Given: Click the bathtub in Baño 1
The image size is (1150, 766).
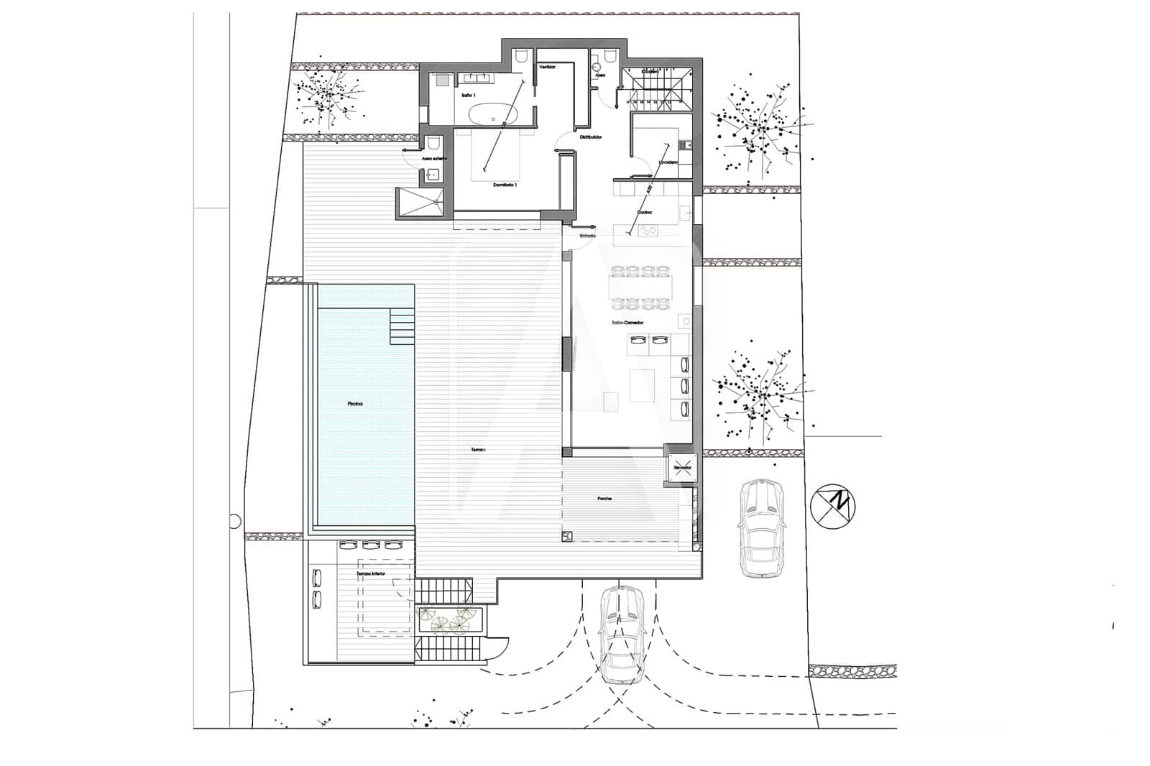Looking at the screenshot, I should click(x=494, y=114).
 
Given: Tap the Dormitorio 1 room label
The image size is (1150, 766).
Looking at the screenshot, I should click(x=505, y=185).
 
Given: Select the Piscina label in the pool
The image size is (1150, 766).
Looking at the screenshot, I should click(x=355, y=404).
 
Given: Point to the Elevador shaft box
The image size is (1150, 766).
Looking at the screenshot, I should click(x=682, y=468).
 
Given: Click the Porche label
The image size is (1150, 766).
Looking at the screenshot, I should click(x=604, y=499).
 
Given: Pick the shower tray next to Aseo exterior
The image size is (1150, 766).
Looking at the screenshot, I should click(x=421, y=202).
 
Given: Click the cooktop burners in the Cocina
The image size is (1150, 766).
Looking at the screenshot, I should click(x=649, y=230).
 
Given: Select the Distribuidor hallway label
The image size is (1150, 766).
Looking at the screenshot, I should click(x=591, y=137).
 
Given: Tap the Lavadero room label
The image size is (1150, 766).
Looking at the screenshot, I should click(x=668, y=162).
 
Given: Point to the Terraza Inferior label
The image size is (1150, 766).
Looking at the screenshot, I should click(x=371, y=574).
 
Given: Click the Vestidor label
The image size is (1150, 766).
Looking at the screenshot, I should click(x=548, y=66).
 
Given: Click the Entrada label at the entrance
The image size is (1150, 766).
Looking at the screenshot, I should click(x=587, y=236).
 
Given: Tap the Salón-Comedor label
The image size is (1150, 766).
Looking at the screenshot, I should click(x=627, y=323).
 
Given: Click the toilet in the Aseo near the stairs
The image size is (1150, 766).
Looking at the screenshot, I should click(x=610, y=55).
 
